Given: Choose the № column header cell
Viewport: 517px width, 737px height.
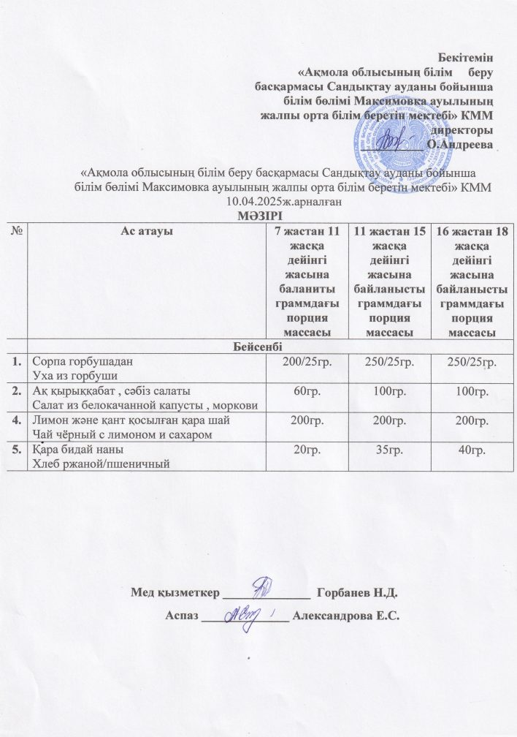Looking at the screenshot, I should point(17,231).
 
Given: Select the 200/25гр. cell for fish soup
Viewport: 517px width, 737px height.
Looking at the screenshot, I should point(307,362).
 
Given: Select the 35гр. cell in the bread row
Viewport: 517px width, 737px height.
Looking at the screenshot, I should point(389,450).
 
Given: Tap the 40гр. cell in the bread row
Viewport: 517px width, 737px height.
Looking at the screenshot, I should point(466,450).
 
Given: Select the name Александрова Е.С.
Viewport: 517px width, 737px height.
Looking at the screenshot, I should point(345,616).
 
